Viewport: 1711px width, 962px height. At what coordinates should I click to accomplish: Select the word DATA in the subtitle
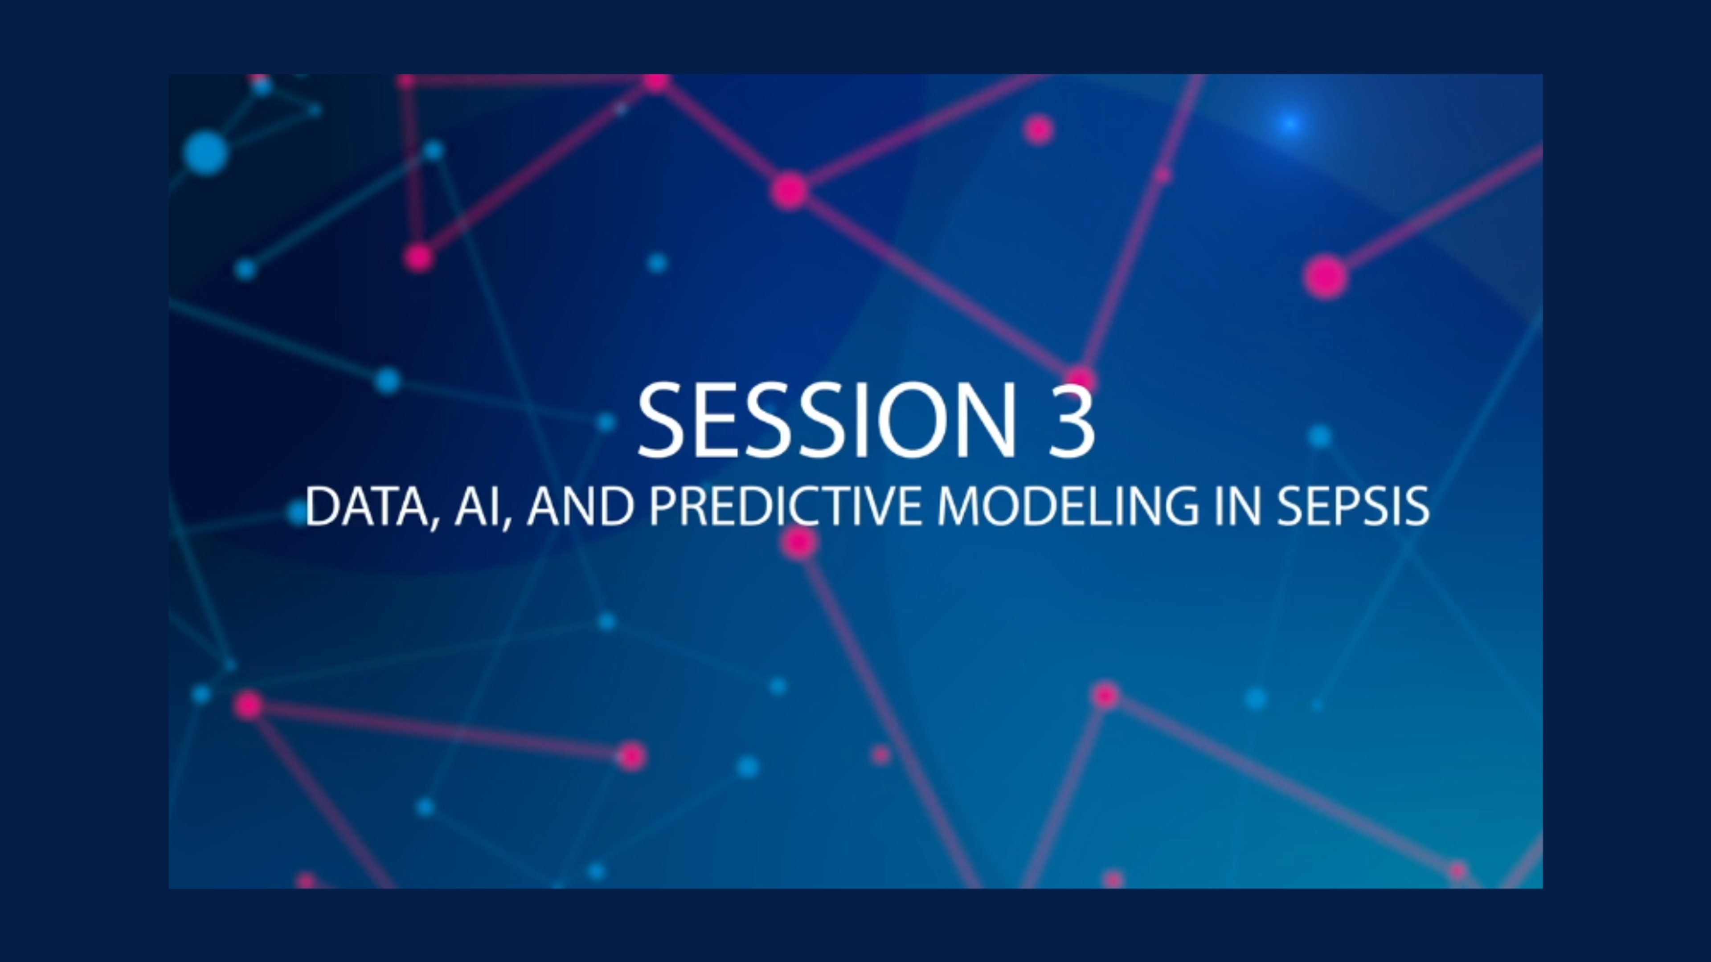pos(367,506)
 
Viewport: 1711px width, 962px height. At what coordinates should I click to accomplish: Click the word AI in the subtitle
pos(476,506)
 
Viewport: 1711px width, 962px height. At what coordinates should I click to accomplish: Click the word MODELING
pos(1068,506)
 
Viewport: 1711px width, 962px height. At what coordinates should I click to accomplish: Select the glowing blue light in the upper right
pos(1290,123)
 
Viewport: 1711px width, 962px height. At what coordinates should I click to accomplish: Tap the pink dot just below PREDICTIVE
pos(798,543)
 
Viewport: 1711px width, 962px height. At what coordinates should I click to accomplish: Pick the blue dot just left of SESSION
pos(606,422)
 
